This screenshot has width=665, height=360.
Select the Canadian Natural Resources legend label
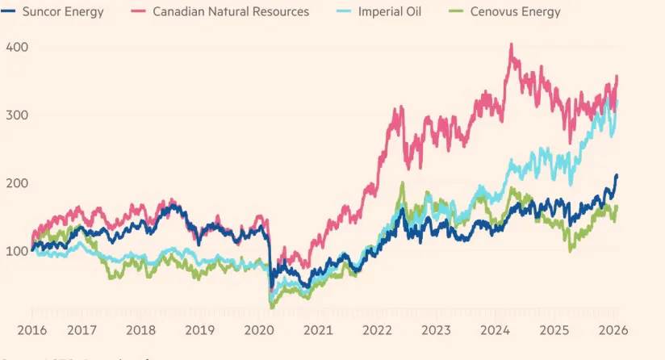click(x=231, y=12)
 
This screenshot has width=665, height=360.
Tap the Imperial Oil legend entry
click(x=387, y=12)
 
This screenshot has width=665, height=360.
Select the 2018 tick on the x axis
click(x=141, y=330)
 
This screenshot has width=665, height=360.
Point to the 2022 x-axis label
click(x=378, y=330)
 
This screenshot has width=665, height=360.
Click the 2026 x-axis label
click(x=613, y=330)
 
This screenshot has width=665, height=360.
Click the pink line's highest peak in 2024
click(x=511, y=44)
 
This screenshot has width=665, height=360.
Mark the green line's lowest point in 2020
click(x=272, y=308)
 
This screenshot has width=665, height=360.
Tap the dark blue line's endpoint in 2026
click(x=617, y=175)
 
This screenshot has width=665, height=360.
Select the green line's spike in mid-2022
click(x=402, y=183)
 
